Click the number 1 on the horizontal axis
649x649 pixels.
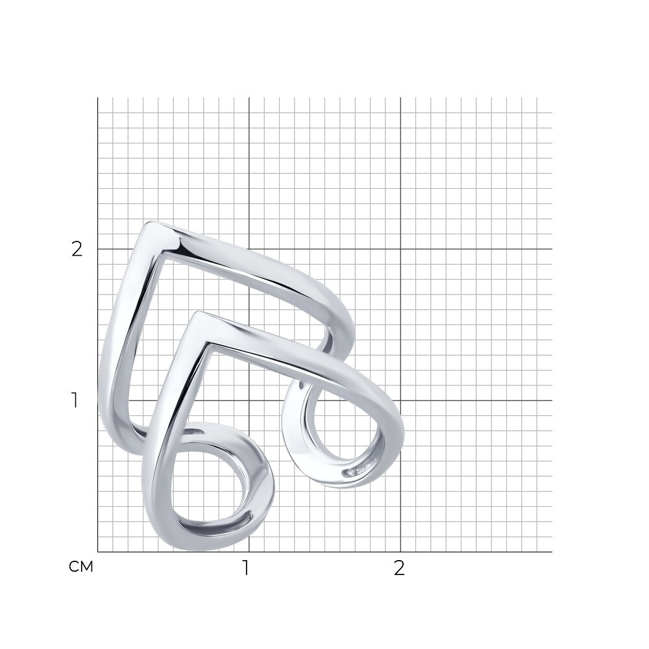[246, 568]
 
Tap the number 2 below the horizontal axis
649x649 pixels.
[399, 569]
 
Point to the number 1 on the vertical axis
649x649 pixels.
[75, 400]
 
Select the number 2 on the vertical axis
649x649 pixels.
[77, 249]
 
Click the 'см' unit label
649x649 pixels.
[80, 567]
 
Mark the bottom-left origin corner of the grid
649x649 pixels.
[98, 552]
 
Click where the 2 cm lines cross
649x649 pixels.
[400, 249]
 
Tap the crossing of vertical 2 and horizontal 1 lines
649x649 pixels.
[400, 400]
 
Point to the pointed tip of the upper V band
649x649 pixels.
[151, 223]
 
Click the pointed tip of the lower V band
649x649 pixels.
[198, 313]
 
